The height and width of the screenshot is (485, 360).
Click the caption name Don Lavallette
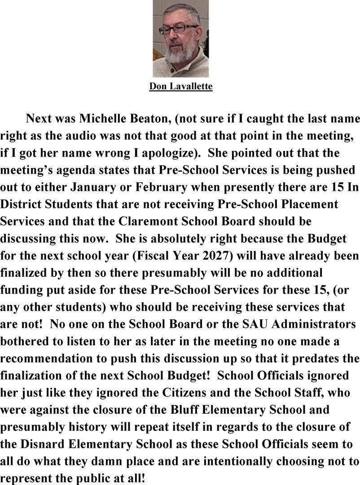[180, 86]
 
